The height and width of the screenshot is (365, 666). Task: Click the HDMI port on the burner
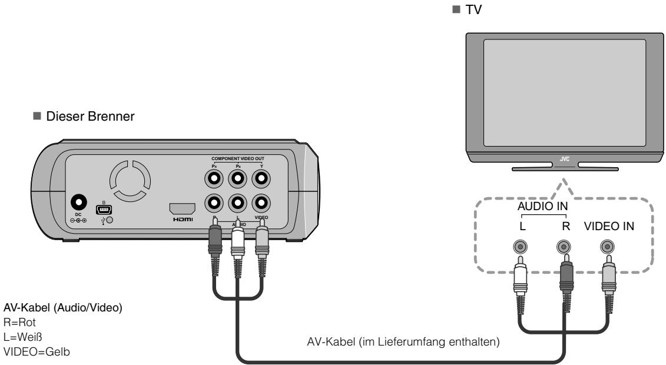[x=182, y=209]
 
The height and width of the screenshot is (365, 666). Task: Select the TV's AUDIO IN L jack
[x=520, y=247]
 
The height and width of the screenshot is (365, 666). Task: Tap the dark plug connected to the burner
[x=214, y=241]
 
